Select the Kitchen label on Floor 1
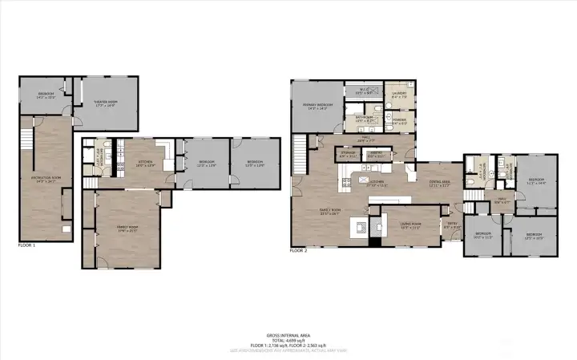coord(145,163)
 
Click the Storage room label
coord(347,153)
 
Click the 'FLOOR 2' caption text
coord(298,250)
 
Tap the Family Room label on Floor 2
coord(329,212)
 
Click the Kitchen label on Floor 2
coord(377,182)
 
